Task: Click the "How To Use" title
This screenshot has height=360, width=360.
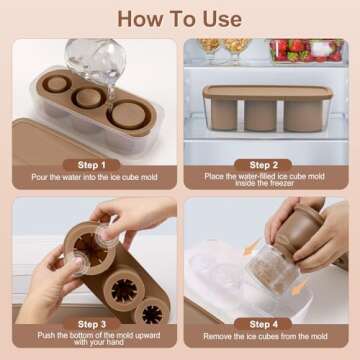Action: [179, 19]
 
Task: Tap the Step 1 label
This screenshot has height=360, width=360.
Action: [91, 165]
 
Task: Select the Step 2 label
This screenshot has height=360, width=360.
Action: [263, 165]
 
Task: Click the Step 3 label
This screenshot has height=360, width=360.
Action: [91, 324]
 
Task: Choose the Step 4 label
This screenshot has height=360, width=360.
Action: [263, 324]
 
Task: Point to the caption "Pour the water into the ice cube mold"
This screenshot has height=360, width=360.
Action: [94, 177]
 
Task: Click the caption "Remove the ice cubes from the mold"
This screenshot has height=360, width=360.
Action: [265, 336]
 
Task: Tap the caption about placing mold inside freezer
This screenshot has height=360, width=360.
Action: [264, 179]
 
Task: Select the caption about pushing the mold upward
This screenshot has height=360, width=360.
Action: [99, 338]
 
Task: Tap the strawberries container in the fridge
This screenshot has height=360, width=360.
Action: [307, 50]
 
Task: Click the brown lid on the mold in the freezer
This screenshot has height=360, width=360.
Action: [267, 92]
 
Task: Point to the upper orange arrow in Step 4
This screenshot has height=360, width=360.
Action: [251, 248]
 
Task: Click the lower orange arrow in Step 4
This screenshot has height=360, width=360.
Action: [298, 289]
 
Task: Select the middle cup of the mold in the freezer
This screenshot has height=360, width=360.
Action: [261, 115]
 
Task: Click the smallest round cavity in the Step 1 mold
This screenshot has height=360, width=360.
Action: [56, 83]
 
